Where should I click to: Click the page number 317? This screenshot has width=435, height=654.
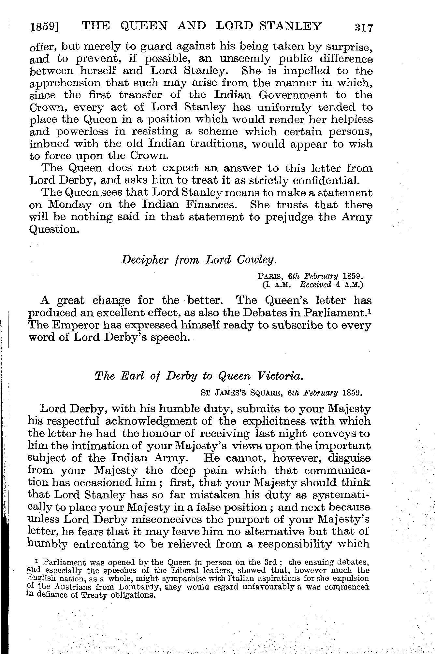363,27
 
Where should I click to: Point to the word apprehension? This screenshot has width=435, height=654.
65,83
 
